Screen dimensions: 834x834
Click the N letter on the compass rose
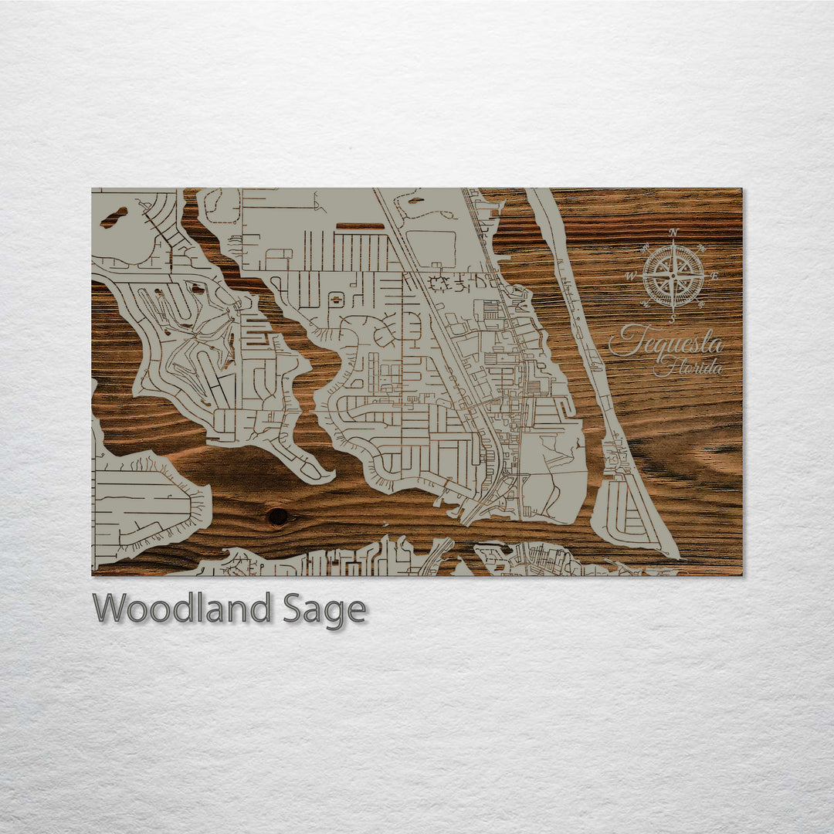(673, 232)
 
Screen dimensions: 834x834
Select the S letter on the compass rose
(673, 318)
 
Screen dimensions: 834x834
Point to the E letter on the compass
(714, 276)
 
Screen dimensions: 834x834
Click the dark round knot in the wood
(276, 516)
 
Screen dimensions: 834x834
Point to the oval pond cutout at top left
(114, 218)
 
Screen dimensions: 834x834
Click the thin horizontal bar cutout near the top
(360, 226)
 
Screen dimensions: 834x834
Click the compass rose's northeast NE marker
(701, 248)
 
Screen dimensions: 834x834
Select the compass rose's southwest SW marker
(645, 304)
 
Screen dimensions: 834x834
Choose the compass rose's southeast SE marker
(701, 304)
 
